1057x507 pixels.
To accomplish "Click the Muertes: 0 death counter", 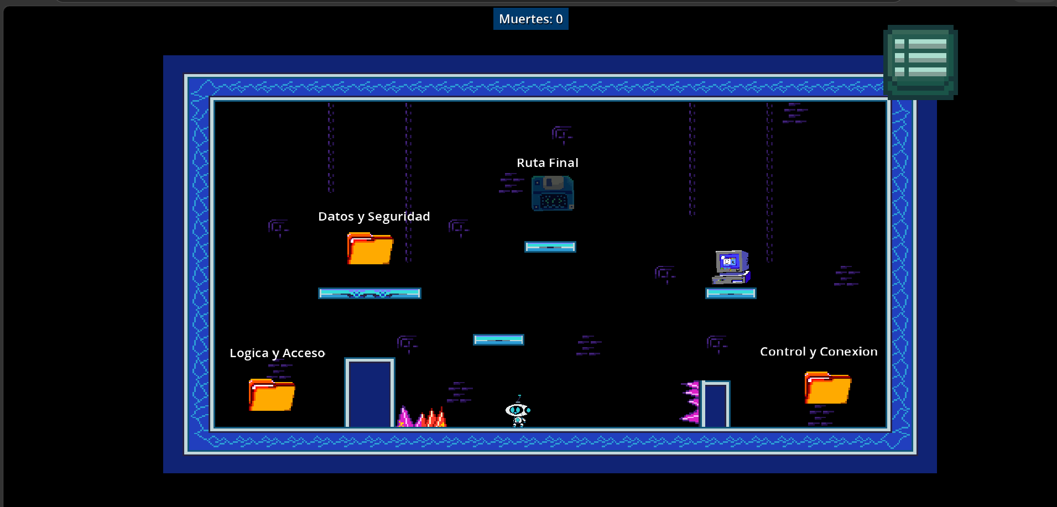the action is click(530, 19).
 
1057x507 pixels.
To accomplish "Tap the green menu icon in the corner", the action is click(920, 62).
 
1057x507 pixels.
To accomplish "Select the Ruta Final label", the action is click(548, 163).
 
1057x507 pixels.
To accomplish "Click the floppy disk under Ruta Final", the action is click(553, 193).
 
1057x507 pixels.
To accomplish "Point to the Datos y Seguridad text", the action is click(374, 216).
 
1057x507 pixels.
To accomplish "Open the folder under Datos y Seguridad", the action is click(370, 248).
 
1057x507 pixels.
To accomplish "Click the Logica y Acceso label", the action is click(277, 353).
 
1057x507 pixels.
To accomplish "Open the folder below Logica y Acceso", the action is click(272, 395).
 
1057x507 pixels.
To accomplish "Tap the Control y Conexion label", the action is click(819, 352).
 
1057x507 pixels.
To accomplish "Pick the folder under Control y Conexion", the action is click(828, 388).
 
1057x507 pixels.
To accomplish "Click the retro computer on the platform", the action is click(731, 268).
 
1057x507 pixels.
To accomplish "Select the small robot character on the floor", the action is click(518, 411).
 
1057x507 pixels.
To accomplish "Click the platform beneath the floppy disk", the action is click(550, 247).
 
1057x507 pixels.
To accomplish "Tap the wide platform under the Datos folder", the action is click(369, 293).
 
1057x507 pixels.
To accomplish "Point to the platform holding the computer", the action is click(731, 293).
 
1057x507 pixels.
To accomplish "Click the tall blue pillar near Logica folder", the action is click(369, 393).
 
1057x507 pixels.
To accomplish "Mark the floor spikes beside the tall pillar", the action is click(421, 417).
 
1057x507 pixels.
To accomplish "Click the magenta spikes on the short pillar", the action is click(690, 402).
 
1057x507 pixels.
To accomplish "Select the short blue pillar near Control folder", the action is click(716, 404).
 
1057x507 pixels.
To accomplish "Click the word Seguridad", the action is click(399, 216).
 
